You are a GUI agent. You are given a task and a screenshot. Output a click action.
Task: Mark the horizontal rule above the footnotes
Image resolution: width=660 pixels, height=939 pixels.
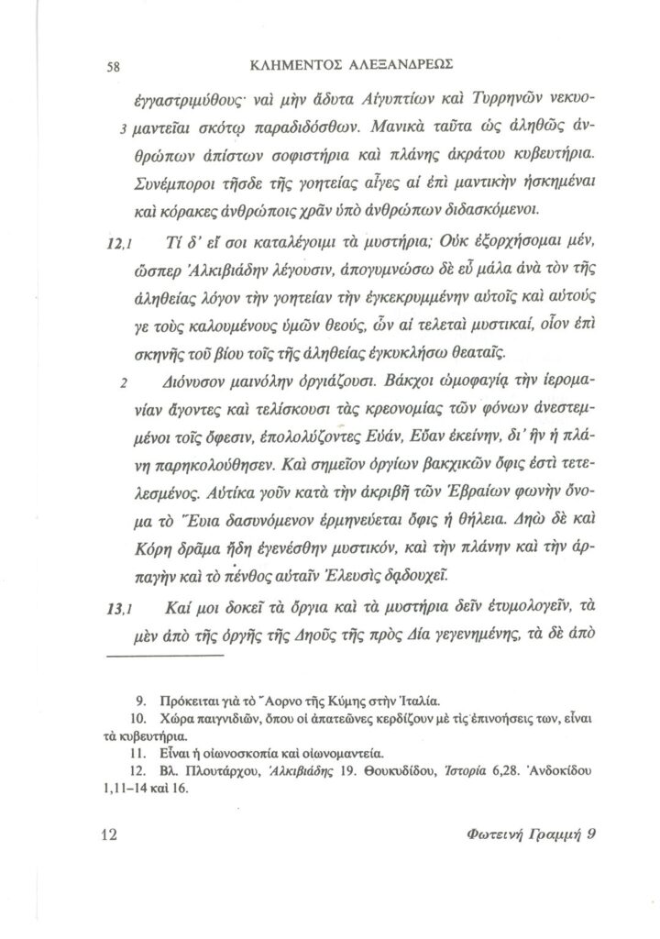166,657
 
